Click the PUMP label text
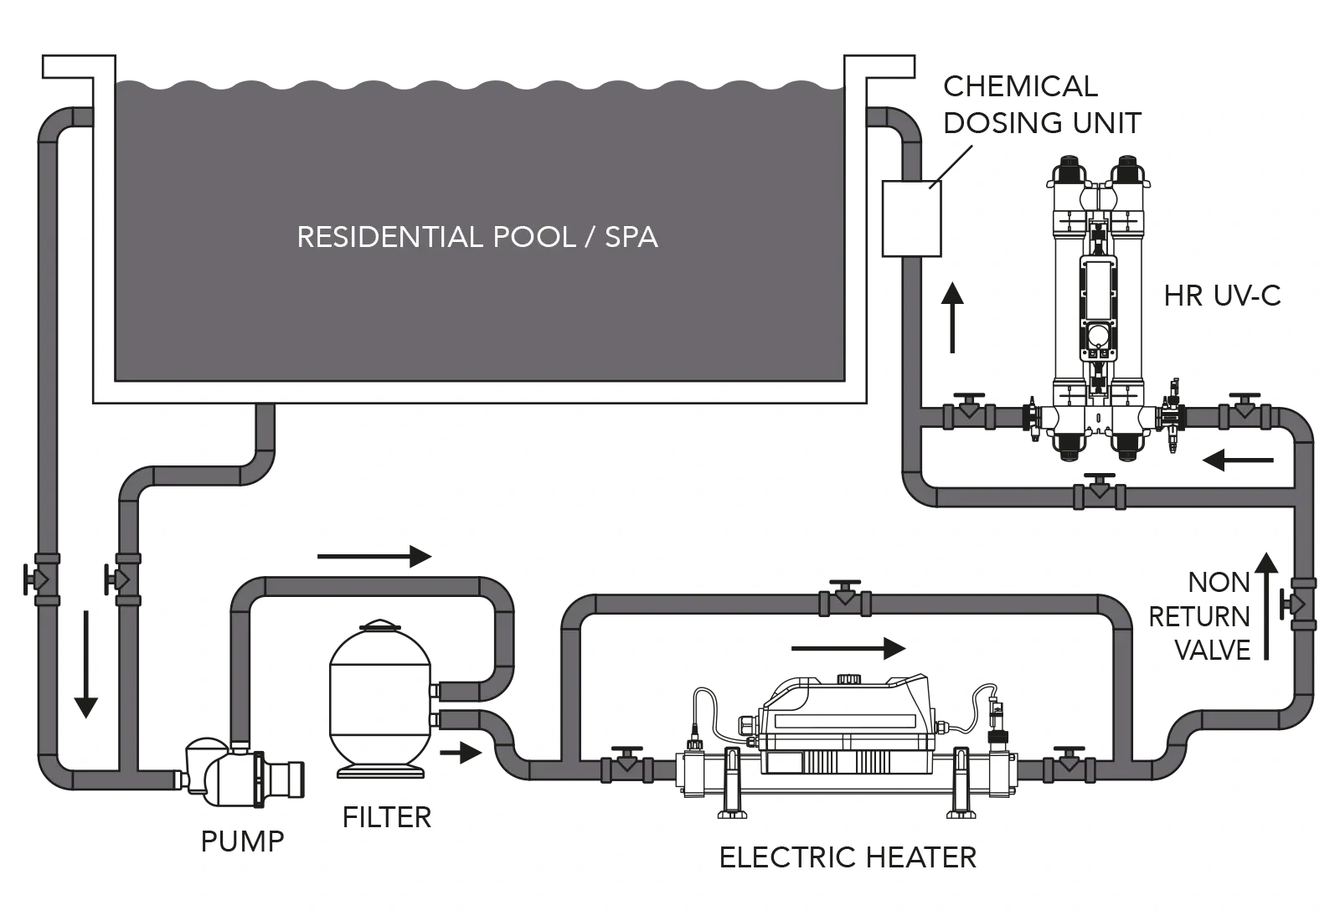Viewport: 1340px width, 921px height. tap(242, 841)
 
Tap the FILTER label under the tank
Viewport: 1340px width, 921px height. tap(386, 817)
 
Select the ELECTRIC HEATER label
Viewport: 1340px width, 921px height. tap(848, 857)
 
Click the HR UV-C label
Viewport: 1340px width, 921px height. tap(1222, 296)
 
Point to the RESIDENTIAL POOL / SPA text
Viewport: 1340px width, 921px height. tap(477, 237)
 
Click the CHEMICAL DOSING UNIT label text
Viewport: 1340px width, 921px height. tap(1041, 105)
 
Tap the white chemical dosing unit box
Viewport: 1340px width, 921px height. tap(911, 218)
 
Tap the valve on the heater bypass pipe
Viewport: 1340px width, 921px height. tap(845, 599)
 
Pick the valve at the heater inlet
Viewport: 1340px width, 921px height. tap(626, 765)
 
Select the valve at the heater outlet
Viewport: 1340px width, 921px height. tap(1067, 765)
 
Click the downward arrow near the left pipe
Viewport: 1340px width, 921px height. tap(85, 665)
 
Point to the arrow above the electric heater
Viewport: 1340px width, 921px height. tap(848, 648)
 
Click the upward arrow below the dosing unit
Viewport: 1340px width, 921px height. tap(951, 317)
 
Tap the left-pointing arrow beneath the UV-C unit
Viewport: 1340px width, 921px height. tap(1238, 460)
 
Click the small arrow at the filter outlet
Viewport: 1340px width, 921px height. tap(461, 753)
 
